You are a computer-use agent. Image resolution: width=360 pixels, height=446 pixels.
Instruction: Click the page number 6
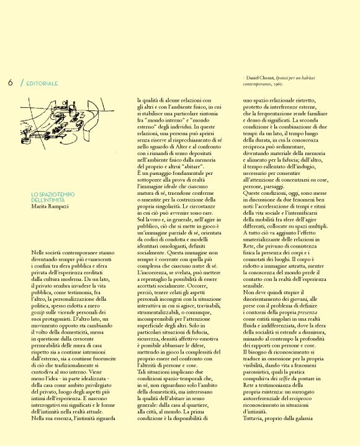coord(11,83)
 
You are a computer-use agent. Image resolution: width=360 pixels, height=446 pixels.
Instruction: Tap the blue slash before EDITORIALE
coord(22,83)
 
